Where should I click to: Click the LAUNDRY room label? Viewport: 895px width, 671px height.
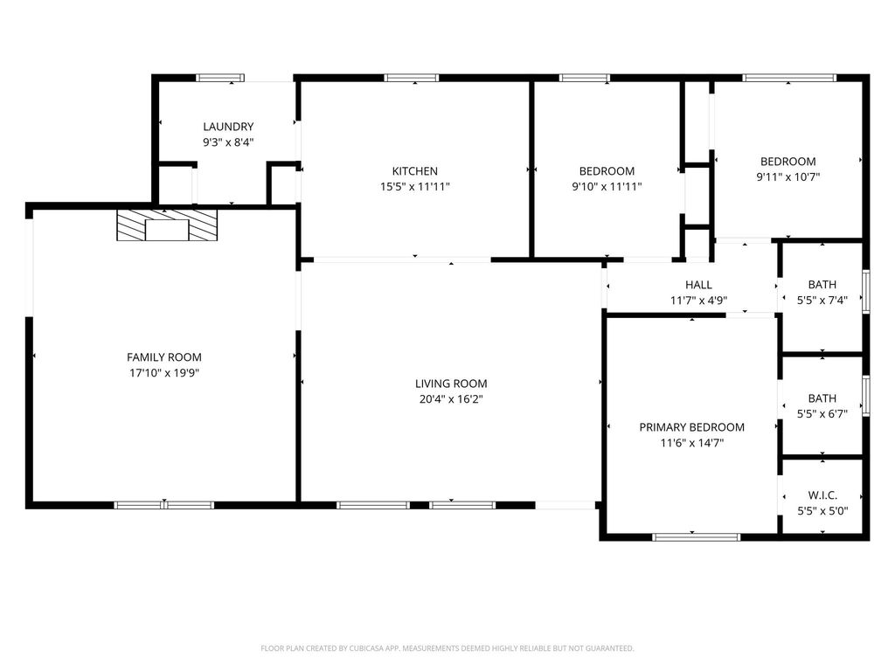pos(228,127)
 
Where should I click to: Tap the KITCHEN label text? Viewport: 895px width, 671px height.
pos(415,171)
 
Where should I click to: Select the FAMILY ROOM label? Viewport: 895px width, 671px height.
pos(164,357)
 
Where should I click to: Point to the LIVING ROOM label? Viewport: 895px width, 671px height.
pos(451,384)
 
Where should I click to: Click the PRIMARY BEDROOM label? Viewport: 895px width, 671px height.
pos(692,427)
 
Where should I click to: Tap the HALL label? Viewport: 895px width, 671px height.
pos(698,285)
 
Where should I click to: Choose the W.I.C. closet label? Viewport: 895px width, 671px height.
pos(822,495)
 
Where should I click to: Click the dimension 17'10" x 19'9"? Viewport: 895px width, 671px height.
pos(164,373)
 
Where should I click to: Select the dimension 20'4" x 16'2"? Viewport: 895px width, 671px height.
pos(451,399)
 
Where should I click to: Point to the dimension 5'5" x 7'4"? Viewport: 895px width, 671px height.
pos(822,301)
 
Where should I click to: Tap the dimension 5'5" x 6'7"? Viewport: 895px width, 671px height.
pos(822,414)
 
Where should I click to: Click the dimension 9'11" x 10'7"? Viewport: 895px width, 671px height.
pos(788,176)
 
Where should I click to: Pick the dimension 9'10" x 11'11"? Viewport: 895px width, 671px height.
pos(607,187)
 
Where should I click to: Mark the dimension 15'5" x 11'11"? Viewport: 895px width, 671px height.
pos(415,187)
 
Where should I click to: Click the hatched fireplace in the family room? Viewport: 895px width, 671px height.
pos(167,225)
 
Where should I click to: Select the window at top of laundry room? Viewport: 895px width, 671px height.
pos(220,78)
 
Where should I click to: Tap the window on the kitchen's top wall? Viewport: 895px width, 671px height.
pos(412,78)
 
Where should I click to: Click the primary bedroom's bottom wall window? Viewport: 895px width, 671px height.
pos(697,537)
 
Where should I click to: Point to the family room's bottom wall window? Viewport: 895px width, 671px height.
pos(163,505)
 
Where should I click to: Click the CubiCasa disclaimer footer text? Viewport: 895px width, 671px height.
pos(447,648)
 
